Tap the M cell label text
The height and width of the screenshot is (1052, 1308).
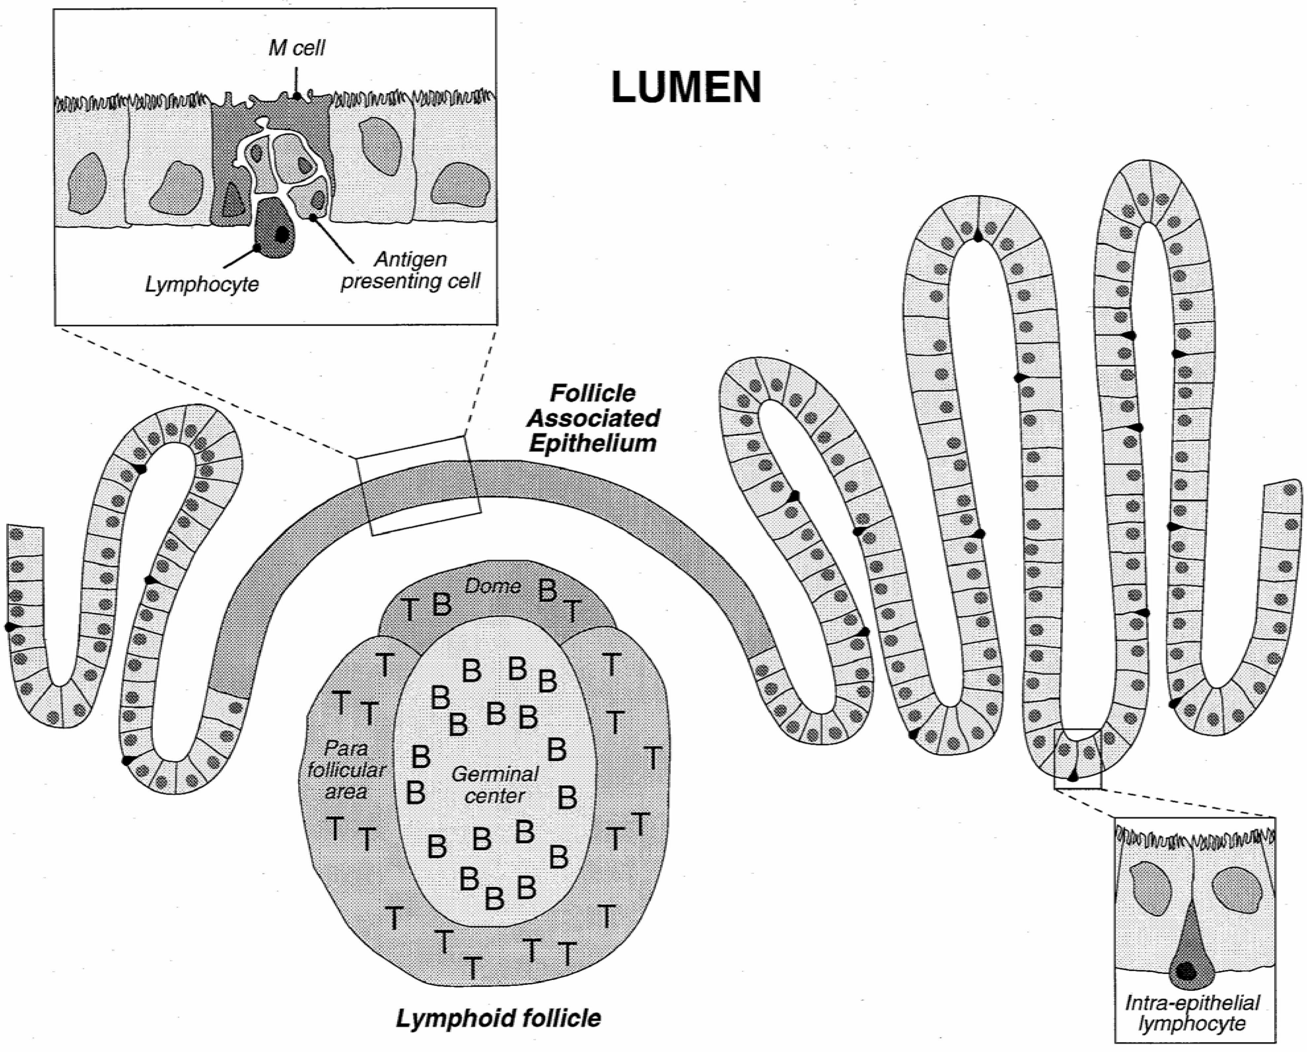[x=297, y=48]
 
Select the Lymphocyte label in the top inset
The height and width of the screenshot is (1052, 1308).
[x=202, y=284]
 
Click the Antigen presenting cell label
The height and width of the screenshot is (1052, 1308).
[x=411, y=270]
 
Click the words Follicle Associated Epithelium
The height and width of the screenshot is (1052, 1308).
[x=593, y=418]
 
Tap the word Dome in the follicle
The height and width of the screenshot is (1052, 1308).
[x=493, y=586]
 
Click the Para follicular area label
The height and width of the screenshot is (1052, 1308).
[x=346, y=770]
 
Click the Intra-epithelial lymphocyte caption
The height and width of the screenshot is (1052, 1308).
[x=1192, y=1013]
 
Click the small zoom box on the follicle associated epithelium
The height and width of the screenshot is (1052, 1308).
[x=419, y=485]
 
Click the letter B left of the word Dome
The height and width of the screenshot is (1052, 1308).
[x=442, y=604]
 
